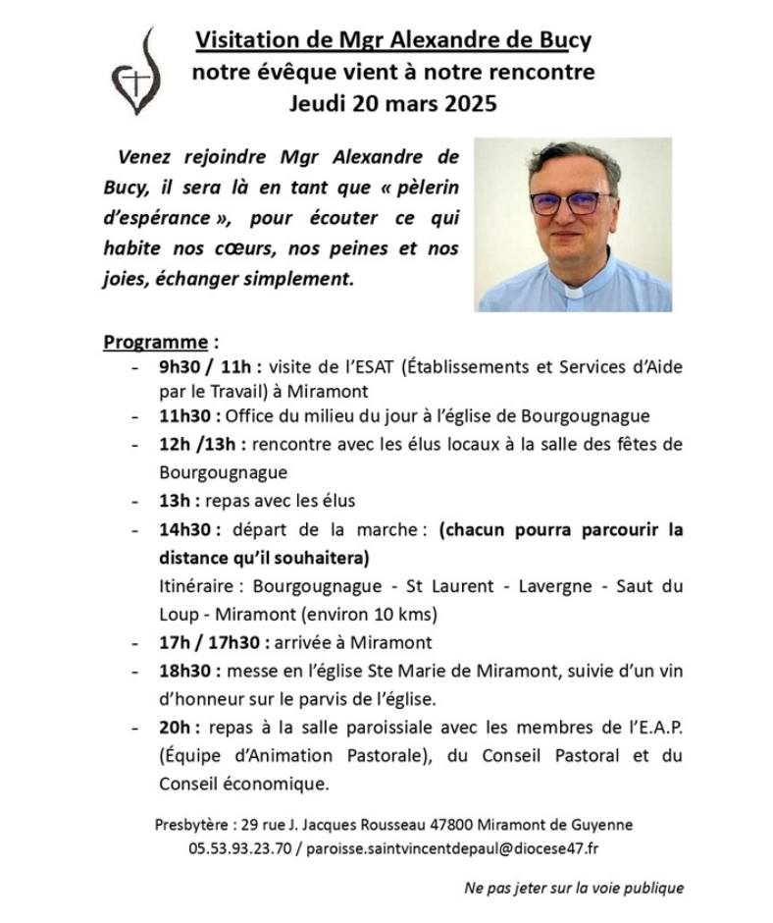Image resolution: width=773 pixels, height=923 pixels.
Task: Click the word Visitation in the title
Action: [x=244, y=40]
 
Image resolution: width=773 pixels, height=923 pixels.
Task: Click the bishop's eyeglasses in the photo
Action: [x=572, y=202]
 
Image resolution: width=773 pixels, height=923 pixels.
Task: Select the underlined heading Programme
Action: [x=155, y=343]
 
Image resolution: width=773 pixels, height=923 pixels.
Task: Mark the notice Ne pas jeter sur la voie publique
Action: [x=574, y=889]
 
